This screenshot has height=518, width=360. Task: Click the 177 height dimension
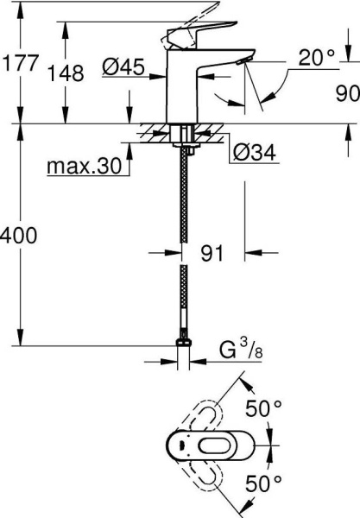(20, 63)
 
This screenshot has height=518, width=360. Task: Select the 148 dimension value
(66, 73)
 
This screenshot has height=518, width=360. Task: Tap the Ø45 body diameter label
(123, 66)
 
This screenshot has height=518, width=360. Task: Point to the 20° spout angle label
(317, 58)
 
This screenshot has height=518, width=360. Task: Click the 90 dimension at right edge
(347, 93)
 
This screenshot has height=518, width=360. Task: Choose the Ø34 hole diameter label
(255, 153)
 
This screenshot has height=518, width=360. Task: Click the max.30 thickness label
(85, 166)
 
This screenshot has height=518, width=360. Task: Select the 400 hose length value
(18, 236)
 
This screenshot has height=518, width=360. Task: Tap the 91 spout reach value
(212, 253)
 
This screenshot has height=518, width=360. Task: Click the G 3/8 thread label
(241, 350)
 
